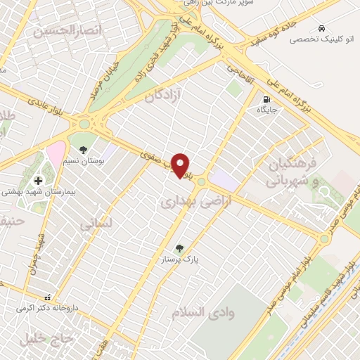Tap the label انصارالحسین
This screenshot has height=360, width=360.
click(x=67, y=30)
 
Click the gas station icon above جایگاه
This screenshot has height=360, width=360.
click(x=266, y=98)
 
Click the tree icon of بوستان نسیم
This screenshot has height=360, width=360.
click(x=84, y=149)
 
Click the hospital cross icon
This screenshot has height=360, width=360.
click(x=38, y=179)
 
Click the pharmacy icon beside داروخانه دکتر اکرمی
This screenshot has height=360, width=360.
click(x=47, y=297)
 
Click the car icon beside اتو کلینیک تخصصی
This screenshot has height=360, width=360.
click(x=321, y=28)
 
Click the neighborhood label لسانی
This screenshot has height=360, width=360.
click(x=96, y=225)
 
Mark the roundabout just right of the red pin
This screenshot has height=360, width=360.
click(x=202, y=181)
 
